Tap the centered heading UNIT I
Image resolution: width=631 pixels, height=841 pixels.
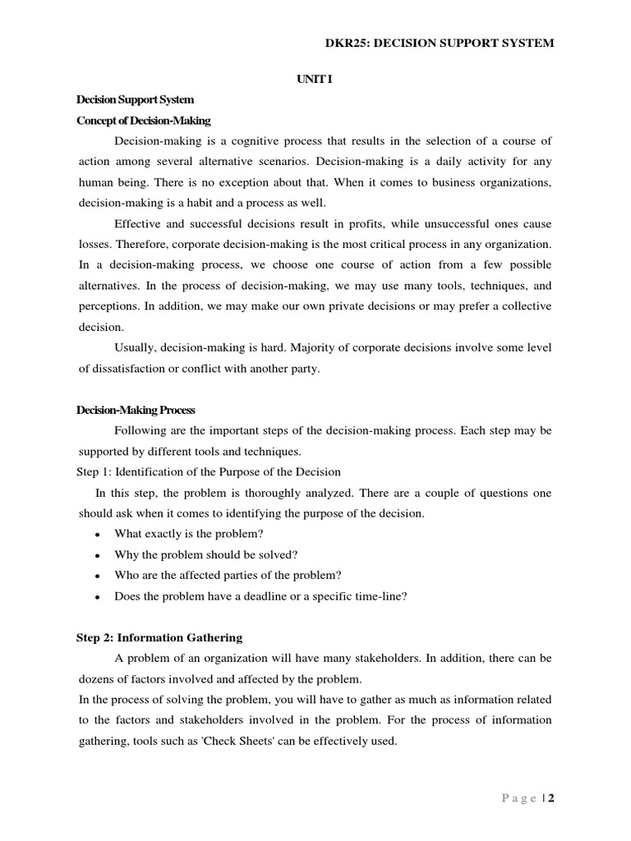click(x=315, y=80)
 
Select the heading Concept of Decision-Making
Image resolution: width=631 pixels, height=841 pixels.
click(x=144, y=121)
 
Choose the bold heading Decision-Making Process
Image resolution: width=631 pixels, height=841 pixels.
click(x=136, y=410)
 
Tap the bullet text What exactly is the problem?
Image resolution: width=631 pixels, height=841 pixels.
click(x=189, y=534)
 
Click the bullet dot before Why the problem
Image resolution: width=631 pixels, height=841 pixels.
click(x=98, y=556)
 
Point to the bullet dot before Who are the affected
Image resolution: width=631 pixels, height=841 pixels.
click(x=98, y=577)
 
